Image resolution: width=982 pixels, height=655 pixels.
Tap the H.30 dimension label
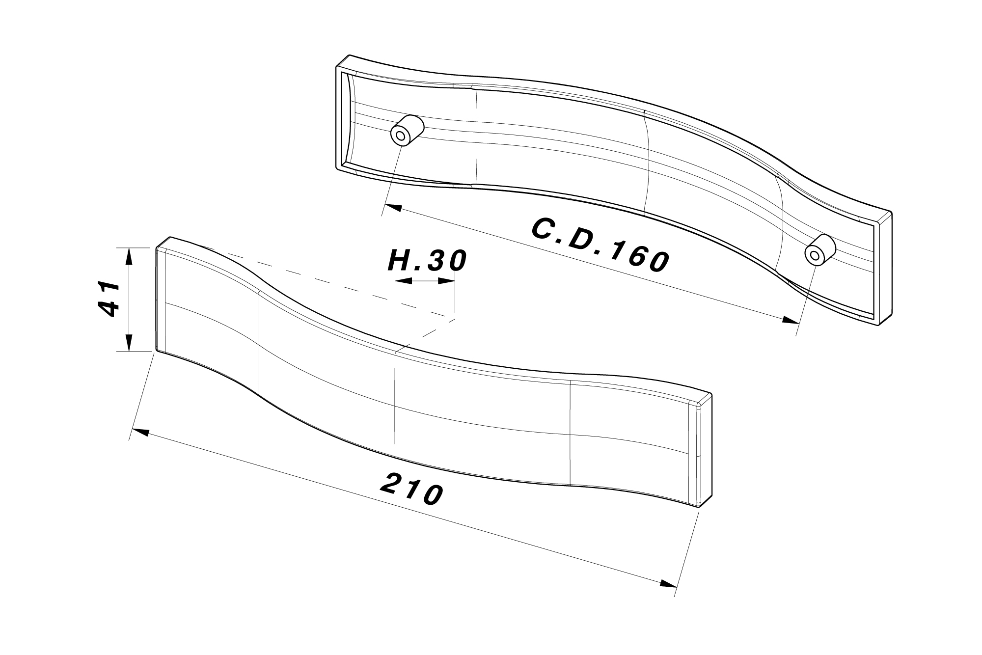tap(427, 261)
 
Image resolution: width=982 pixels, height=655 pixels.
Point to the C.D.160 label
tap(600, 245)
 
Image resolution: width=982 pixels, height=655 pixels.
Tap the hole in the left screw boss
tap(401, 136)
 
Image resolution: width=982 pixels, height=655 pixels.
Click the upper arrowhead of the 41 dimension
tap(129, 256)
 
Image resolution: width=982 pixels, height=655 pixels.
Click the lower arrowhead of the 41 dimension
tap(129, 342)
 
